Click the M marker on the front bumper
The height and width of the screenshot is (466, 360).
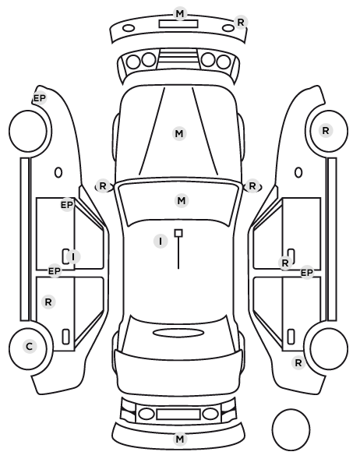[x=180, y=14]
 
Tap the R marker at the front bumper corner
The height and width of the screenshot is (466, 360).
[x=241, y=22]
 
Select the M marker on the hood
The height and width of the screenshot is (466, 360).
[x=179, y=134]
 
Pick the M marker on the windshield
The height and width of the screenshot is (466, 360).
[x=182, y=200]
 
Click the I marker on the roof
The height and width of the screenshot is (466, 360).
[x=161, y=241]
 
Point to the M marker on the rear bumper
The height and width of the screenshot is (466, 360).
[x=180, y=439]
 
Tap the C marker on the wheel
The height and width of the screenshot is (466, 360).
[x=30, y=346]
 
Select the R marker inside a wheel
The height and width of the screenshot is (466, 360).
[x=326, y=130]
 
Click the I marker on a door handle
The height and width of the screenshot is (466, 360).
[x=73, y=256]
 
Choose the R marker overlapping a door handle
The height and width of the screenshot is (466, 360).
[x=285, y=263]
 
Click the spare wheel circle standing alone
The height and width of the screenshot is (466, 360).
[x=291, y=429]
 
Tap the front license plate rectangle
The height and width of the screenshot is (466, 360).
[x=178, y=24]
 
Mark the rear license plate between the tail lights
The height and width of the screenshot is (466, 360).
[x=178, y=415]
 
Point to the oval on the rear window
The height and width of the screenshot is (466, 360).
[x=178, y=333]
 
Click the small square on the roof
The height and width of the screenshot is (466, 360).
[x=178, y=233]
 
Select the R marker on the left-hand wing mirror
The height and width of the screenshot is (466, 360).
[x=103, y=186]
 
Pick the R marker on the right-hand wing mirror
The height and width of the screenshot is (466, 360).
[x=252, y=186]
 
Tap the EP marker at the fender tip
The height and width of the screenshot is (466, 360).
[x=40, y=98]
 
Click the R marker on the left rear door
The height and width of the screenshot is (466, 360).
[x=48, y=302]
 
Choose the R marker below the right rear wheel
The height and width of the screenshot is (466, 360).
[x=298, y=362]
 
